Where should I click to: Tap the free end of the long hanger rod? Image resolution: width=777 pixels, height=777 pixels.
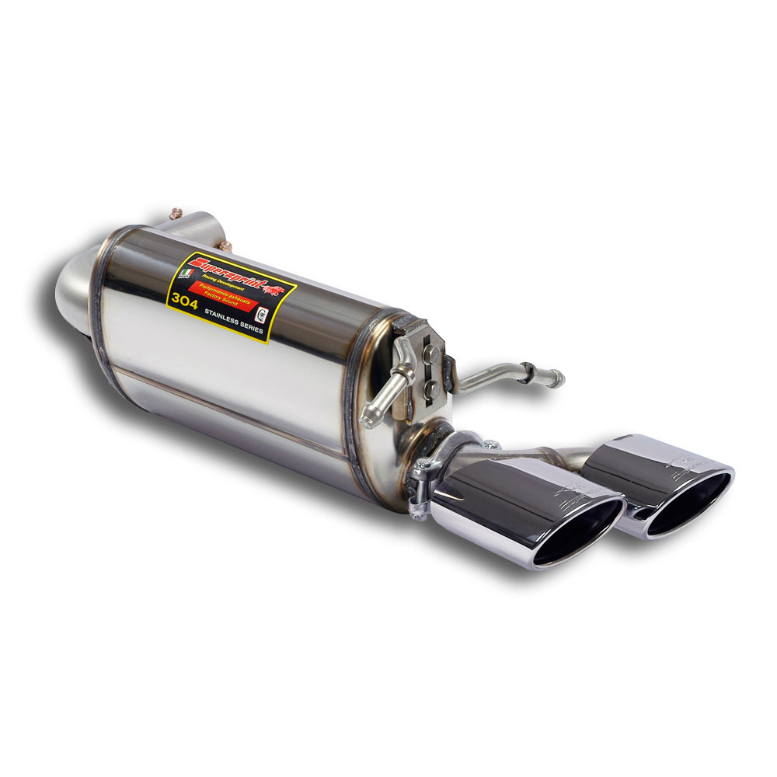pos(558,380)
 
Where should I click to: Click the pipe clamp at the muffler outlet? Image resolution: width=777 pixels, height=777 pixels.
pos(423,474)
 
